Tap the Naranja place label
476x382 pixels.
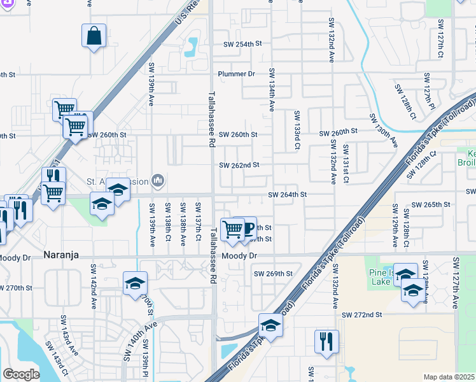61,255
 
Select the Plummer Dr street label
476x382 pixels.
235,74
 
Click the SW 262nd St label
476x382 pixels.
239,165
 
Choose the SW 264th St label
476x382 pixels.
288,194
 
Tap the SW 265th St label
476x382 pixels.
431,204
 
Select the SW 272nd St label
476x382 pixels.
361,315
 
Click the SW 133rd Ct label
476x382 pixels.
297,129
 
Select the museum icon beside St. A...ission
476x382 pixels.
157,181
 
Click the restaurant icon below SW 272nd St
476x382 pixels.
326,340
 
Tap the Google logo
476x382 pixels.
21,374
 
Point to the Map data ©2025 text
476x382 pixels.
449,377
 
